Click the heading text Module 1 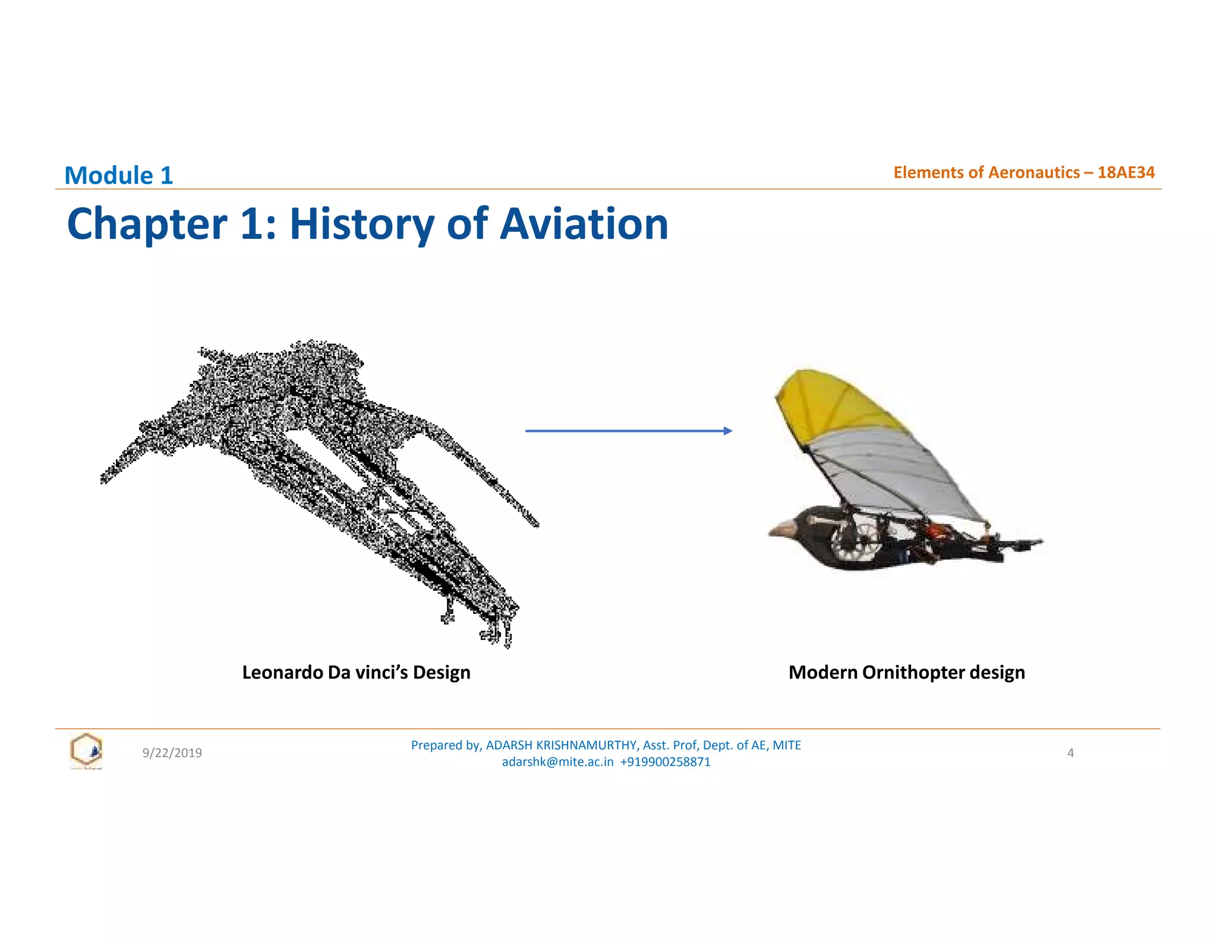coord(118,176)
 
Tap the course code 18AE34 coord(1125,172)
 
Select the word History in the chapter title coord(362,224)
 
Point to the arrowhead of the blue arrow coord(728,431)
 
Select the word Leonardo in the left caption coord(283,673)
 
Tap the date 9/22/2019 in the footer coord(172,753)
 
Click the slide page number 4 coord(1070,753)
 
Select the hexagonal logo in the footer coord(86,750)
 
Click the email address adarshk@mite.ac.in coord(557,762)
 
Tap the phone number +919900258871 coord(665,762)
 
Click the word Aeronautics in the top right coord(1034,172)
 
